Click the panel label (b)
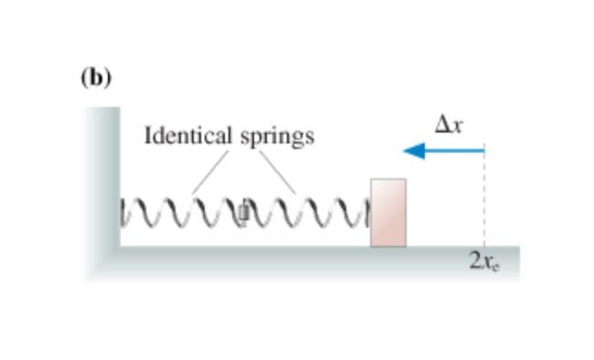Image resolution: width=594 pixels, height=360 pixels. point(95,78)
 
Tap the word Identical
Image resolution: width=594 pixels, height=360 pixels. point(189,136)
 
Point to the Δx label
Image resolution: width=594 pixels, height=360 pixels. point(448,126)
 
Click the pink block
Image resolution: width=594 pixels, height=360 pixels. point(387,212)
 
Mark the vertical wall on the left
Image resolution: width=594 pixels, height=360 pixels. point(102,183)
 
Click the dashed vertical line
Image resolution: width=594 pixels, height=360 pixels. point(484,201)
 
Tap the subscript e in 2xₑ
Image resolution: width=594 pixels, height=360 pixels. point(494,266)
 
